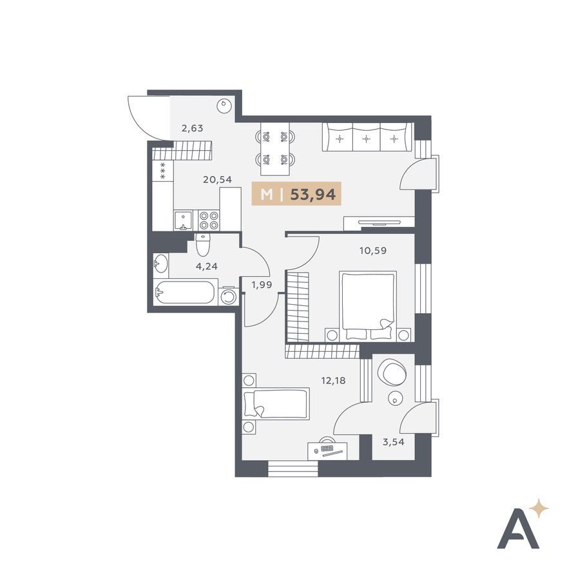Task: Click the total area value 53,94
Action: [313, 195]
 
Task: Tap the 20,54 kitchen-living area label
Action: [217, 179]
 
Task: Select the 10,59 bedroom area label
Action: [373, 250]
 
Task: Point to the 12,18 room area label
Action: [333, 380]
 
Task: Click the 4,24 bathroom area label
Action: [207, 267]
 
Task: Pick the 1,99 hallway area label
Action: [262, 285]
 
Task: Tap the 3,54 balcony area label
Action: [394, 441]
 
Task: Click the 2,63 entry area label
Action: [193, 128]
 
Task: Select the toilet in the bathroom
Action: [203, 245]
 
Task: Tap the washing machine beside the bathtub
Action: [229, 297]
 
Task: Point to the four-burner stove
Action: [209, 220]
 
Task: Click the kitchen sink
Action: [184, 220]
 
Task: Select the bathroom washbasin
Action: [160, 263]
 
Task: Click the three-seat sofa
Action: [367, 137]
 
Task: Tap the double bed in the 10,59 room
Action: [368, 306]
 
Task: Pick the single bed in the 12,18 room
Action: [276, 403]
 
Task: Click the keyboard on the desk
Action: [327, 448]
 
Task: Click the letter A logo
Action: [518, 528]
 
